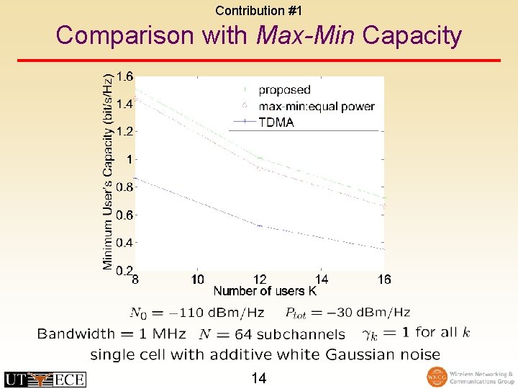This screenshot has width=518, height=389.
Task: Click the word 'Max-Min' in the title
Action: (x=305, y=35)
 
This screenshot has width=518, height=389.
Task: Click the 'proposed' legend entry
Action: (x=284, y=90)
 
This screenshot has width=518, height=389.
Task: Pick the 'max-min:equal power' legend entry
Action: (x=317, y=107)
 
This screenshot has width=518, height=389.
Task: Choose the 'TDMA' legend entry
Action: (x=276, y=122)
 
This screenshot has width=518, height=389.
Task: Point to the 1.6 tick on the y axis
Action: (x=124, y=77)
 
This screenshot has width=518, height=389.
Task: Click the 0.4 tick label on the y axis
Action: (x=124, y=243)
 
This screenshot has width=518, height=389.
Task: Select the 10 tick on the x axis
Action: (x=198, y=280)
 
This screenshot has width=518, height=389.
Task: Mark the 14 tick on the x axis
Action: (x=322, y=280)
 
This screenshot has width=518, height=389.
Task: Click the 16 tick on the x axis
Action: (x=383, y=280)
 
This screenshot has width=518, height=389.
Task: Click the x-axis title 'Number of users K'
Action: (x=264, y=292)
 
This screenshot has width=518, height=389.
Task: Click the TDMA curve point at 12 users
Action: (x=260, y=226)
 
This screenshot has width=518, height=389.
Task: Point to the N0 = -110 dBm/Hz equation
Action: (x=196, y=313)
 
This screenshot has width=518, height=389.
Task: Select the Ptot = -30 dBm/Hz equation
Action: (x=347, y=313)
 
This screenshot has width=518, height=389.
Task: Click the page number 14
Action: (x=259, y=377)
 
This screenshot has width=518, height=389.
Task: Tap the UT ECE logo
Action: (x=45, y=379)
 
